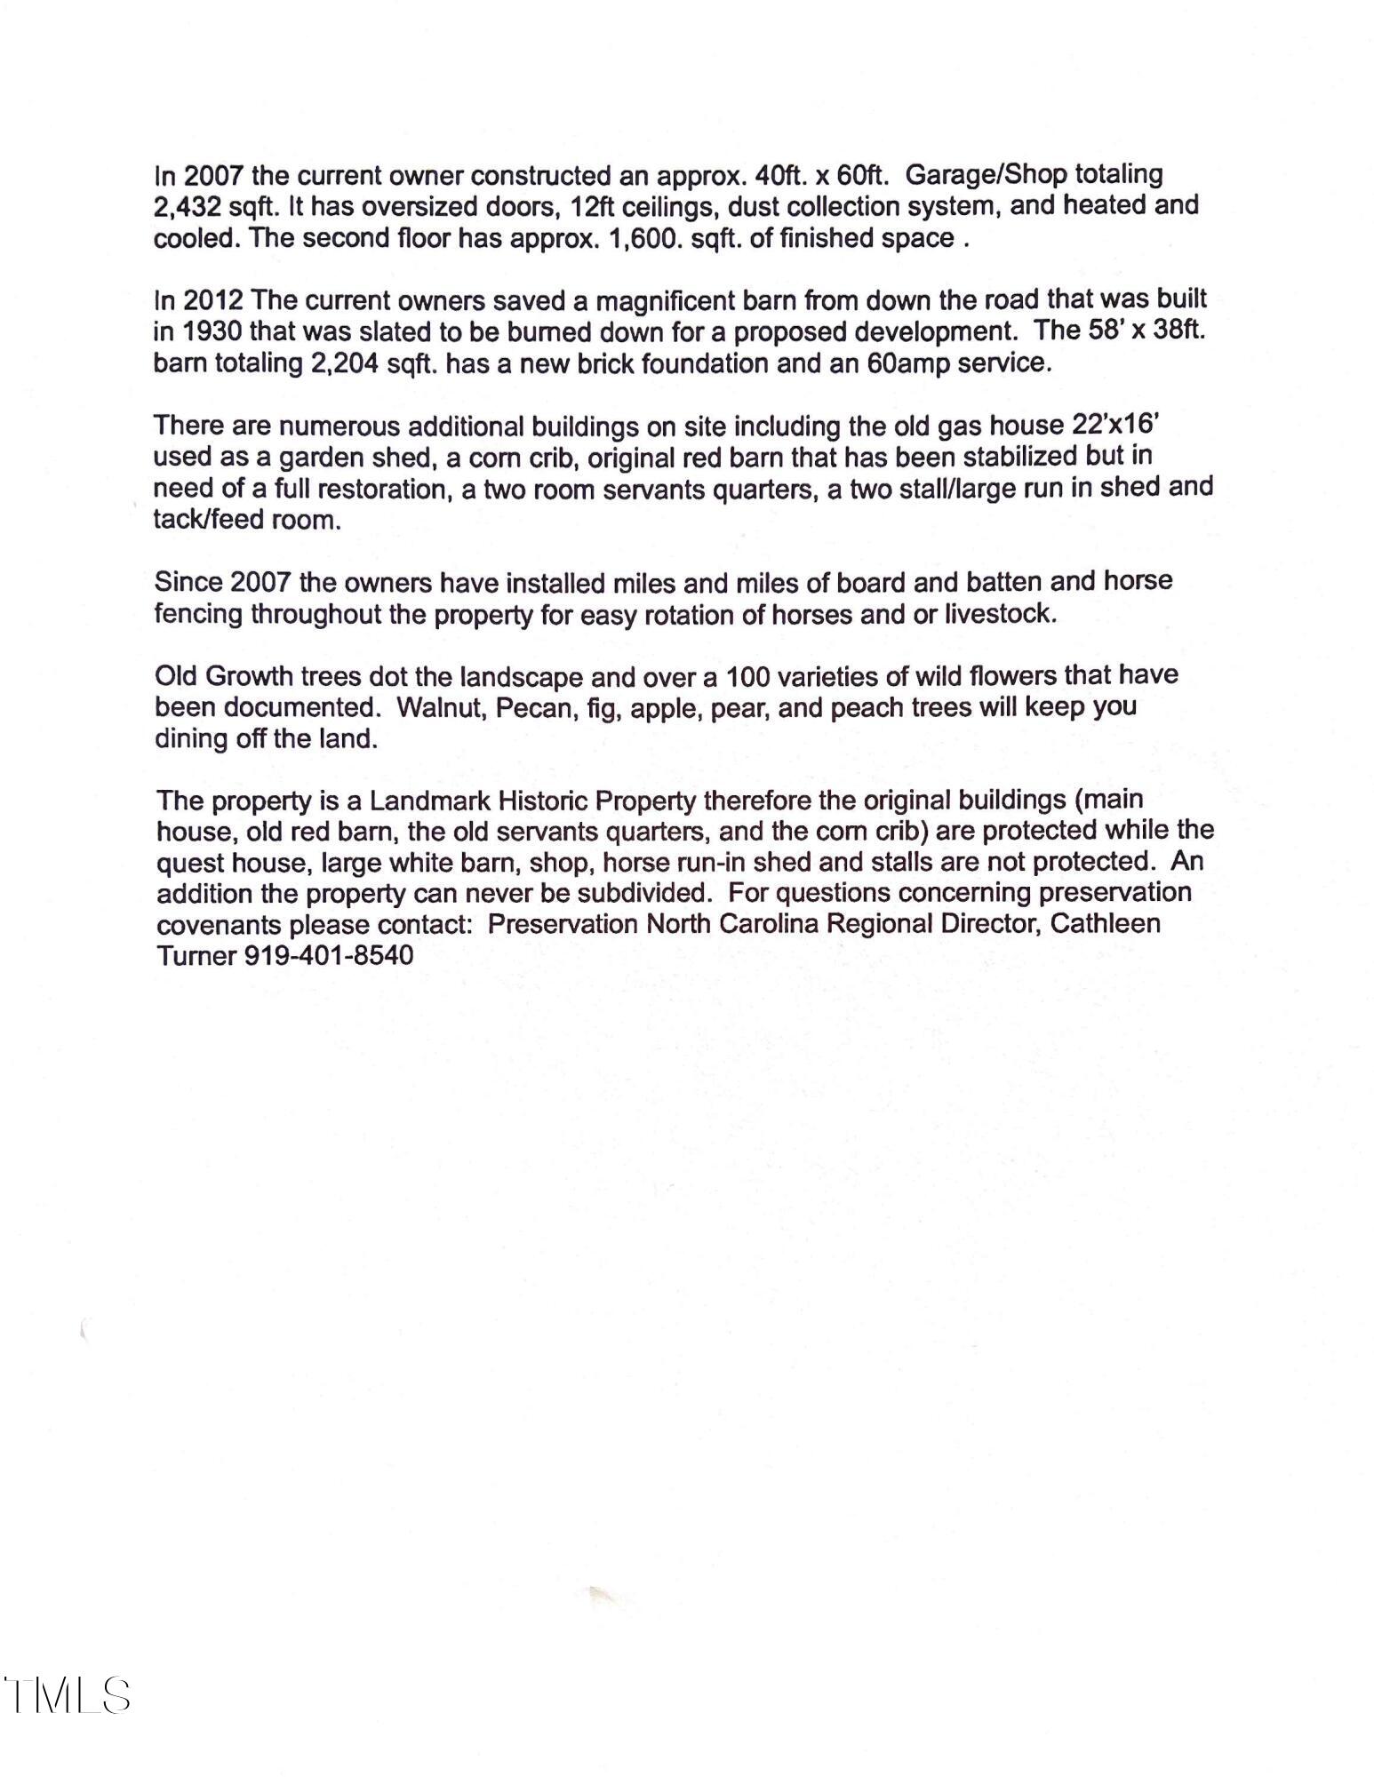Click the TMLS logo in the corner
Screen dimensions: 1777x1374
[x=68, y=1695]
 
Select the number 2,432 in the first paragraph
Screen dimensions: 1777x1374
[x=187, y=207]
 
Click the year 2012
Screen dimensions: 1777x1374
[x=213, y=301]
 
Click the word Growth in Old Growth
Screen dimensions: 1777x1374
[x=249, y=677]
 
